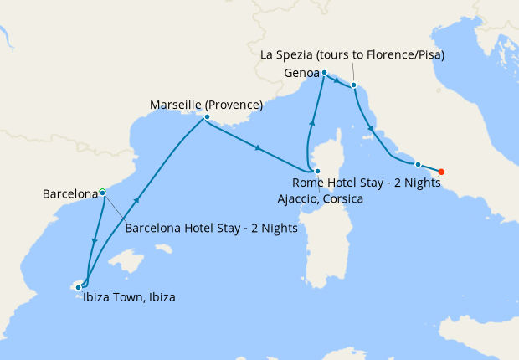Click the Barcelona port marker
coord(102,192)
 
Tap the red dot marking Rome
coord(441,172)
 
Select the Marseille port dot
coord(206,117)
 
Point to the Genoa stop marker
coord(324,72)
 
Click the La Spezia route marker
coord(354,85)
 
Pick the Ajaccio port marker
coord(316,171)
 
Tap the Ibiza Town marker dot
coord(79,287)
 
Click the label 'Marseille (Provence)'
coord(206,105)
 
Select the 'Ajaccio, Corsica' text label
coord(320,198)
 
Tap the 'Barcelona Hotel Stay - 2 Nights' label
coord(211,227)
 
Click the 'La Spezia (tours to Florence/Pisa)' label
coord(352,55)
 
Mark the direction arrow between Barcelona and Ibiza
coord(93,242)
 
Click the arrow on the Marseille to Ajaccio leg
coord(258,148)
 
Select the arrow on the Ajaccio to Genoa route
coord(312,123)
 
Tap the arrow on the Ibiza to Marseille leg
coord(134,202)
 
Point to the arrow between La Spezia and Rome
coord(370,129)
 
